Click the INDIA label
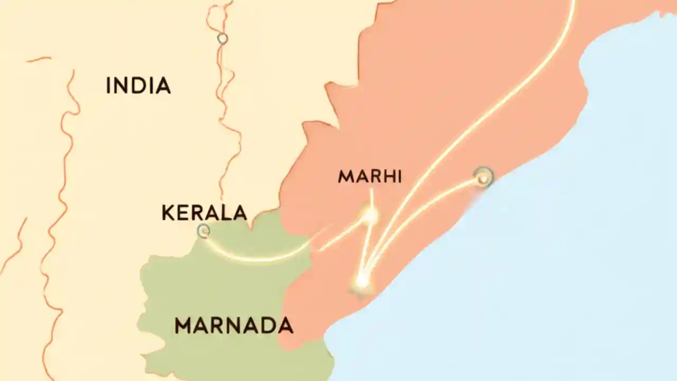(x=138, y=86)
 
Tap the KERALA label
(x=204, y=213)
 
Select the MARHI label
(x=370, y=177)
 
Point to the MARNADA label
(x=234, y=326)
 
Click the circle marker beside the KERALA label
(x=204, y=231)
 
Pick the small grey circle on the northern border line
(x=223, y=39)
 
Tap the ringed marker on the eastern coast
(x=482, y=178)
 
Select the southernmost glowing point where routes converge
(x=362, y=280)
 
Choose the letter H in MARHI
(x=386, y=177)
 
